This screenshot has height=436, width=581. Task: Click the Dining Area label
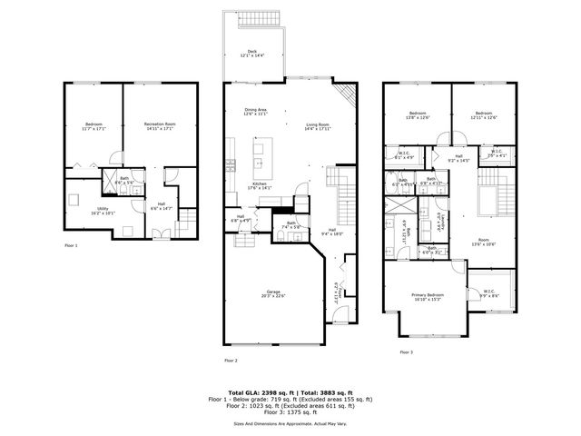[255, 113]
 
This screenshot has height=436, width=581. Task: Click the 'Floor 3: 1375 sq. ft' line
[290, 412]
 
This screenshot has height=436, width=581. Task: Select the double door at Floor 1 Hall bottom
[160, 234]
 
